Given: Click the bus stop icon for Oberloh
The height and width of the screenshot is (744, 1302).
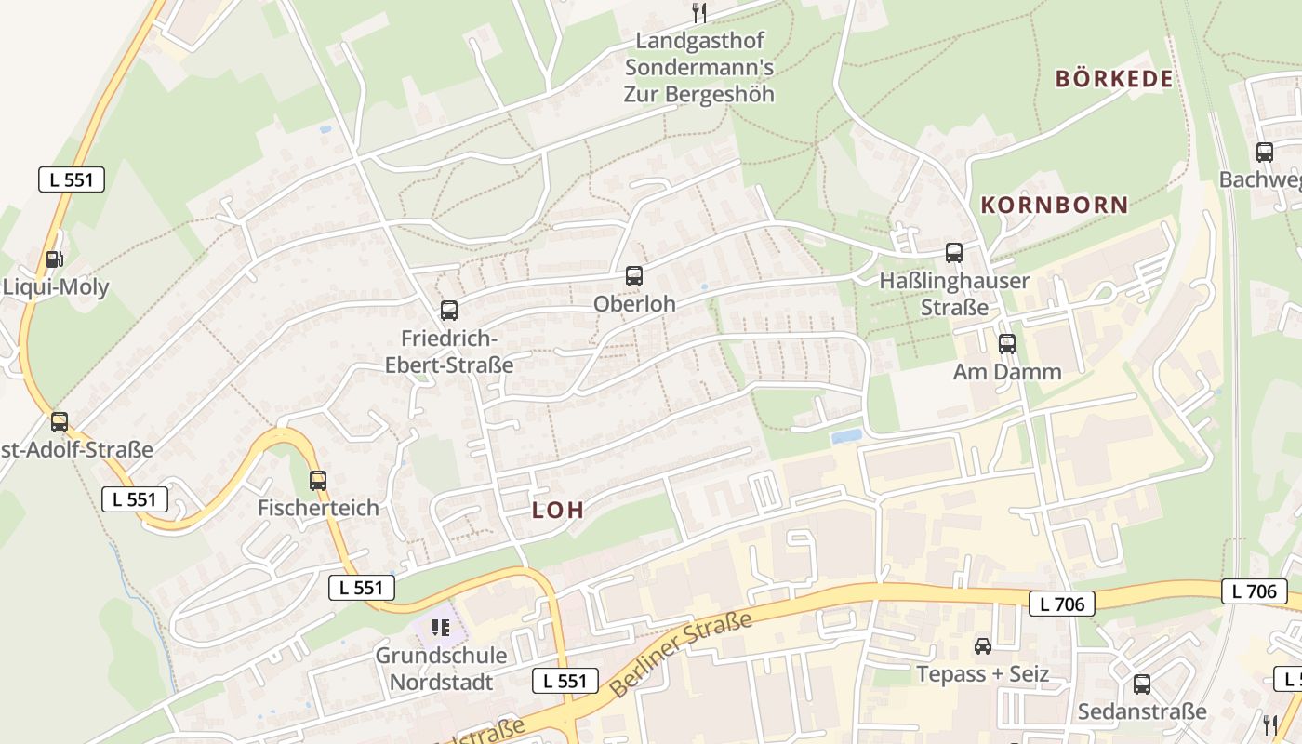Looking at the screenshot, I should point(633,275).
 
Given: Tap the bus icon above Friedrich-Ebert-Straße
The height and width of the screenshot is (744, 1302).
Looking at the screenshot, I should point(449,310).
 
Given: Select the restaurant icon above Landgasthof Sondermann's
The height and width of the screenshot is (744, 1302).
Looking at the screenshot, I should point(699,12).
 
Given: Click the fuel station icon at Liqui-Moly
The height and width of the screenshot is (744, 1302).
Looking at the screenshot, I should point(55,259).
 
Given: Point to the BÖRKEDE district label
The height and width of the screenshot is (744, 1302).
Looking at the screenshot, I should point(1113,79).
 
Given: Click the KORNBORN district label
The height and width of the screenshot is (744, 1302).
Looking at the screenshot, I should point(1055,205).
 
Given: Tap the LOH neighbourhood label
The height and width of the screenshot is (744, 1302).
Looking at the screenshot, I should point(558,510).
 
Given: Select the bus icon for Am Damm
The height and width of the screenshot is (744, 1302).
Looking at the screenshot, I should point(1006,344).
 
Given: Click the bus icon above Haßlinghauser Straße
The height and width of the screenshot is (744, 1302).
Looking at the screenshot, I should point(953,252).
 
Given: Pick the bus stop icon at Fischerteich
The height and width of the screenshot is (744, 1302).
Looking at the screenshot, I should point(318,480).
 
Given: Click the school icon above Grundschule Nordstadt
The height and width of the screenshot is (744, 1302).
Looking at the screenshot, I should point(441,628).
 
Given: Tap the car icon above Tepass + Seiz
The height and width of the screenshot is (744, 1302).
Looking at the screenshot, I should point(982,645).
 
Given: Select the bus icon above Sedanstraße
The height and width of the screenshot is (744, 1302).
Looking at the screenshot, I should point(1142,684).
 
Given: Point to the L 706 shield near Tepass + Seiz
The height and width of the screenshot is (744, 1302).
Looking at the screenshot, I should point(1061,604).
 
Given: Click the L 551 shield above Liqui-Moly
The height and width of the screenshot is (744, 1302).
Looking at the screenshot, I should point(72,179).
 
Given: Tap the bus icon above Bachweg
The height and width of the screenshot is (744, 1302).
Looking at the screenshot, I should point(1264,152).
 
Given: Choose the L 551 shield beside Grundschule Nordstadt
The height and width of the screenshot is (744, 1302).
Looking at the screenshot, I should point(565,681).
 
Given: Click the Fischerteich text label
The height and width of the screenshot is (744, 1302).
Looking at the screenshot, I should point(318,508).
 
